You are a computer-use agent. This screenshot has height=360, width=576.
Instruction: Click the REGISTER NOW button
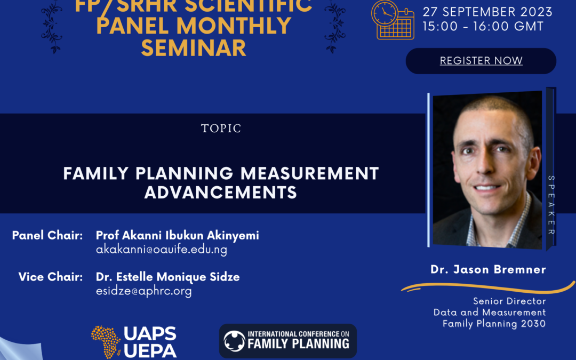coord(481,61)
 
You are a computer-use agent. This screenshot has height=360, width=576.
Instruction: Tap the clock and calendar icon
coord(393,20)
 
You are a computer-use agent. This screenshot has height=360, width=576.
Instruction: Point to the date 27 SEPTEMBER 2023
coord(487,12)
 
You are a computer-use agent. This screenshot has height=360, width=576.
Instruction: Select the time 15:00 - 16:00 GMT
coord(483,27)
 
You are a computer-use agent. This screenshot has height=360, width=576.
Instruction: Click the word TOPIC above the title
coord(221,128)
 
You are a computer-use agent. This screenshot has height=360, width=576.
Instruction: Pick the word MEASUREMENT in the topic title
coord(310,173)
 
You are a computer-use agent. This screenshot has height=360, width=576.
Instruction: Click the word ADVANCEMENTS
coord(221,193)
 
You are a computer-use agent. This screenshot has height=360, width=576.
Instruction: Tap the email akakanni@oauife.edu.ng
coord(162,250)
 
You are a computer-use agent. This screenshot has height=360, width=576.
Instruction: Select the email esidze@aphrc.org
coord(143,291)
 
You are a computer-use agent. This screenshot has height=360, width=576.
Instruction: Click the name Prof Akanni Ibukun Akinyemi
coord(178,235)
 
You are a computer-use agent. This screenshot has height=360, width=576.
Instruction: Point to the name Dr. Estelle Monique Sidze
coord(168,277)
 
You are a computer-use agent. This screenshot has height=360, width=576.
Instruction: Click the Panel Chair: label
coord(47,235)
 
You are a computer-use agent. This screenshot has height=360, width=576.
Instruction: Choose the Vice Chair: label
coord(51,277)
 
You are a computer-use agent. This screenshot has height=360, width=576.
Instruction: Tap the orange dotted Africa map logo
coord(106,342)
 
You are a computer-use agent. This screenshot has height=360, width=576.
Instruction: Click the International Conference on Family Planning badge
coord(287,341)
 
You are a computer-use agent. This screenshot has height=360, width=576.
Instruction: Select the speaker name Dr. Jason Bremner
coord(488,270)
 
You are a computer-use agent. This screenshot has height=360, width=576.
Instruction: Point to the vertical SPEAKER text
coord(551,205)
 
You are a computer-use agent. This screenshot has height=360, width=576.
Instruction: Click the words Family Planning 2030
coord(494,324)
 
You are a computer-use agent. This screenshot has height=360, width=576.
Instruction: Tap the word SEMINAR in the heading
coord(194,48)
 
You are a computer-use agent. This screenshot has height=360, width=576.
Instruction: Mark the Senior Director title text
coord(509,301)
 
